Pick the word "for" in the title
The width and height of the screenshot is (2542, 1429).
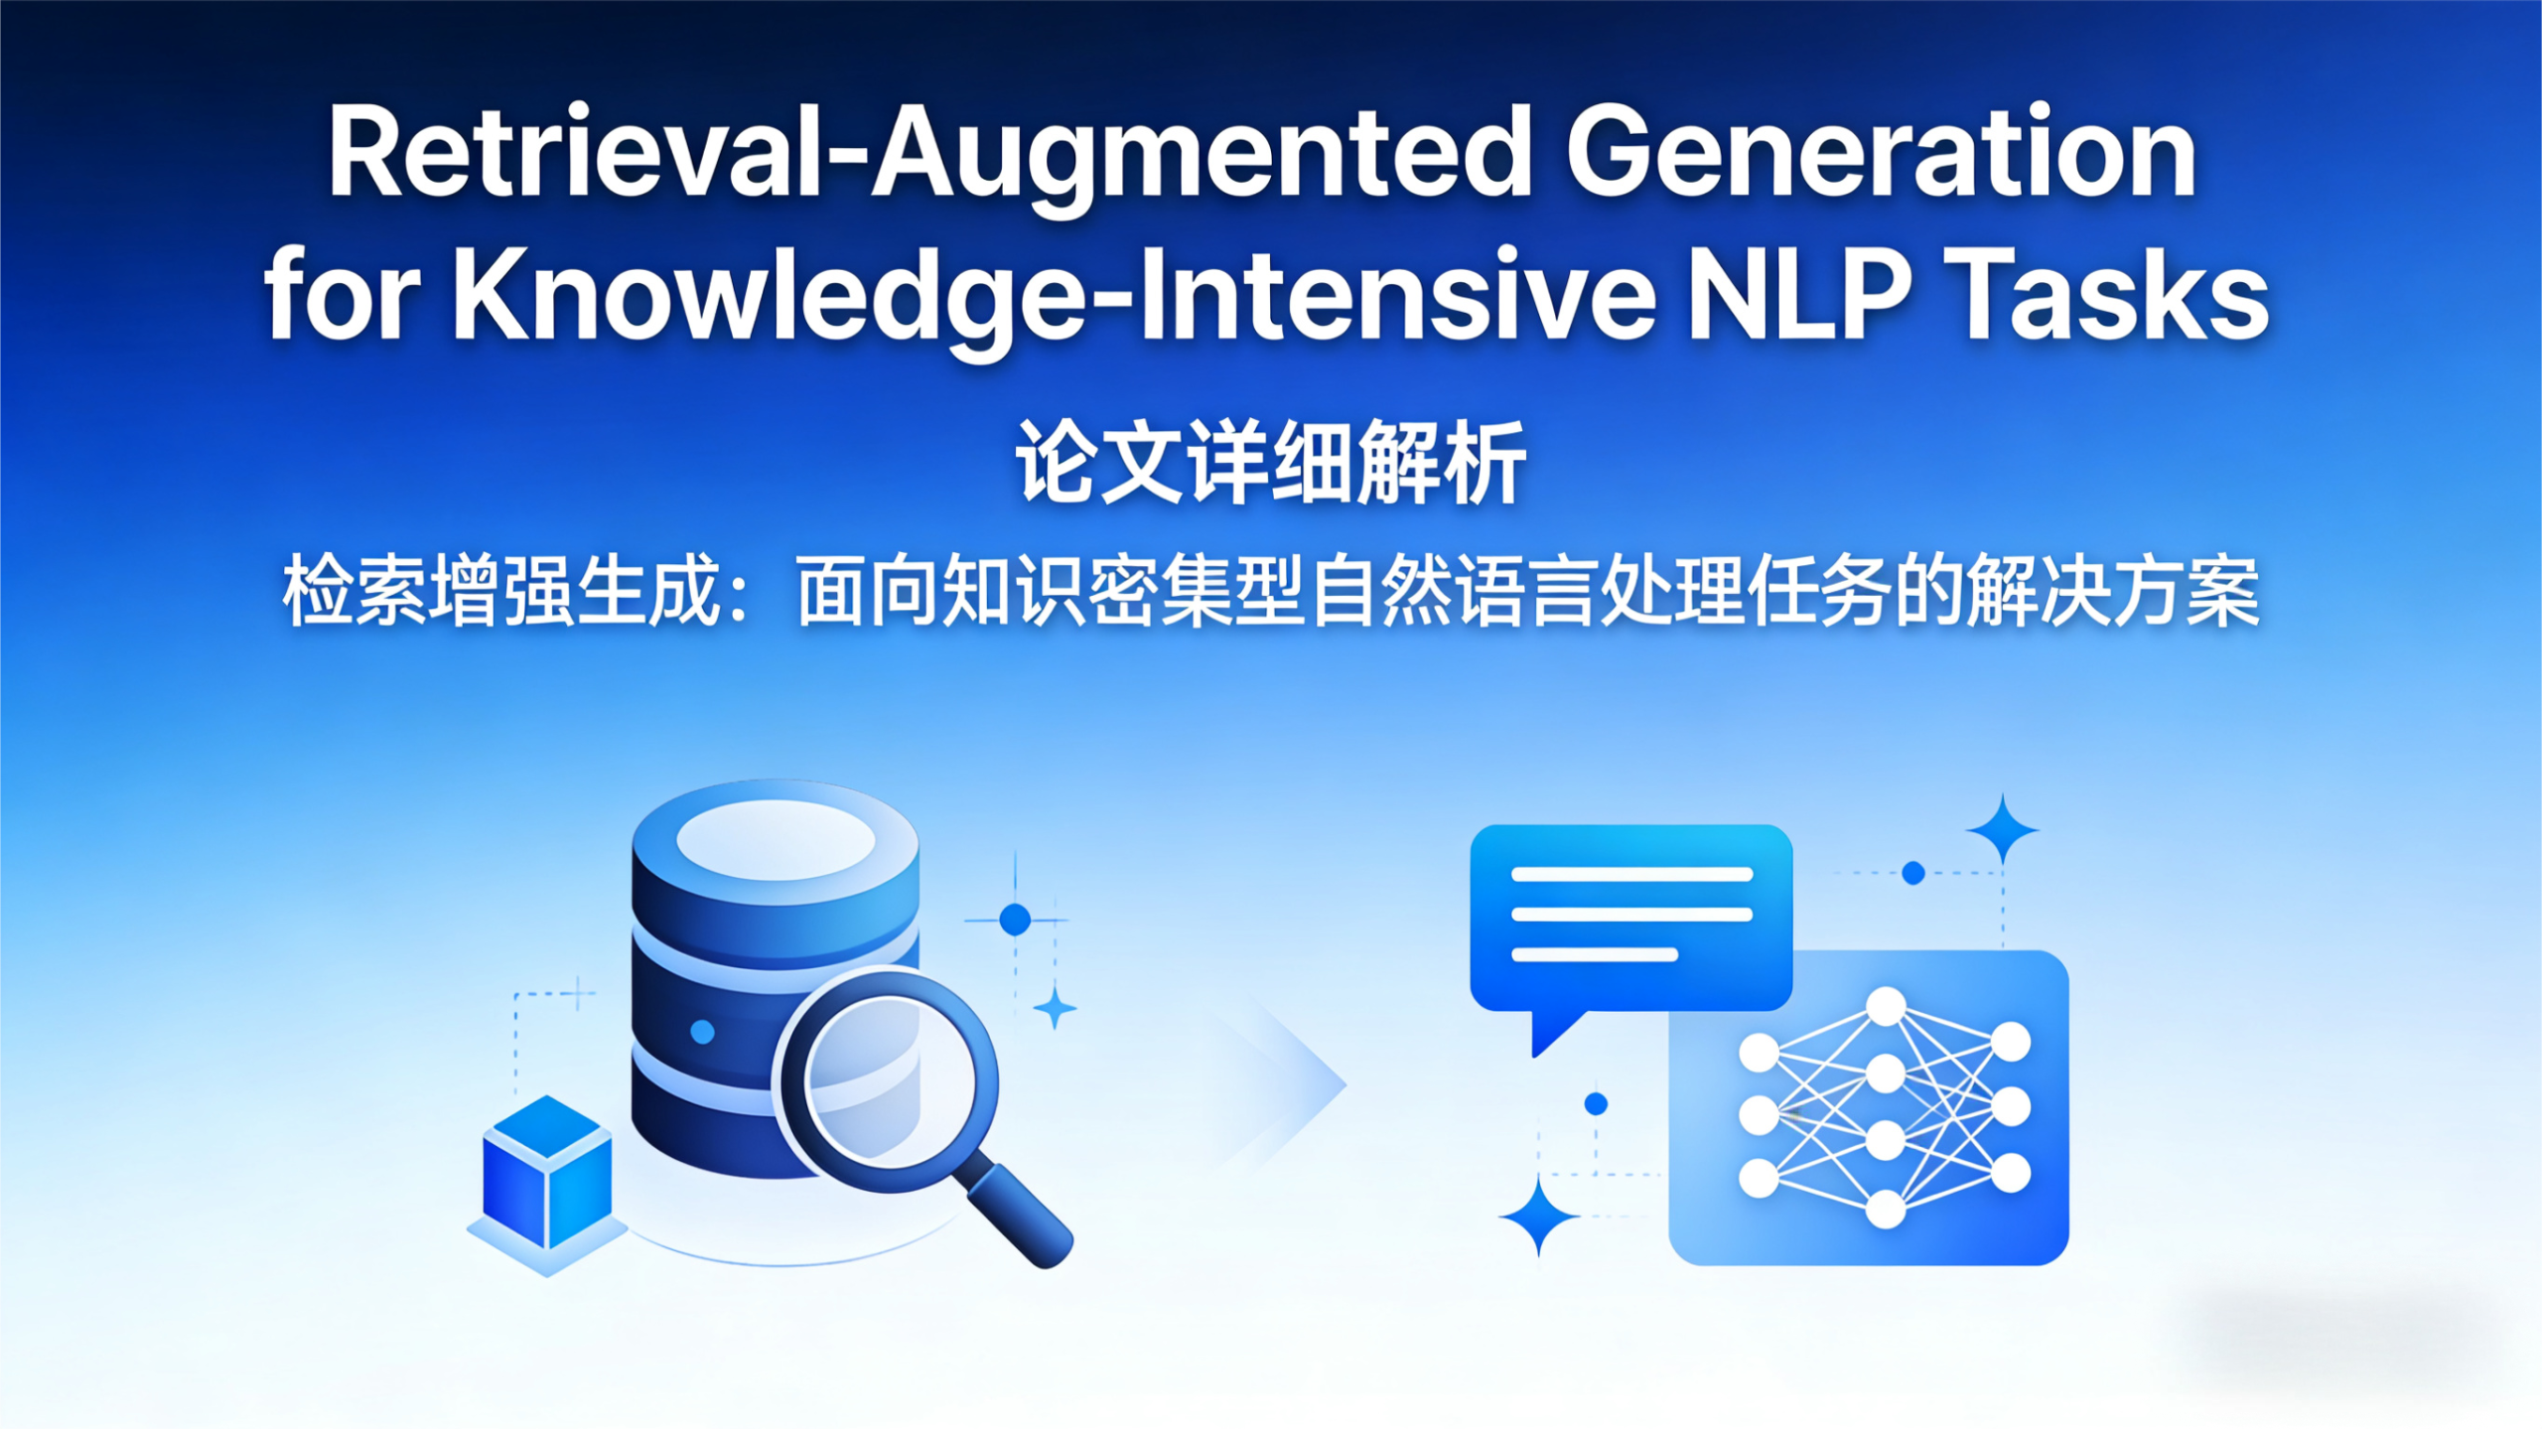point(343,296)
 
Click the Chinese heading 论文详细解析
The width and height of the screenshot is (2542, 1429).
point(1270,463)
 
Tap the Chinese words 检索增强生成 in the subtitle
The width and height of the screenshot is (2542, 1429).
point(501,592)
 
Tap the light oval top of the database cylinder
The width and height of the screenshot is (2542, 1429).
point(776,840)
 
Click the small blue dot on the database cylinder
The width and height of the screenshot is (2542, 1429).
point(702,1032)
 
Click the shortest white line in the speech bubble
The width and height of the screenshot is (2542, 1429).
point(1594,955)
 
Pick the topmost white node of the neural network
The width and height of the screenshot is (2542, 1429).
point(1886,1006)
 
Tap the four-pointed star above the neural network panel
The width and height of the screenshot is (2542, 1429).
point(2003,829)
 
